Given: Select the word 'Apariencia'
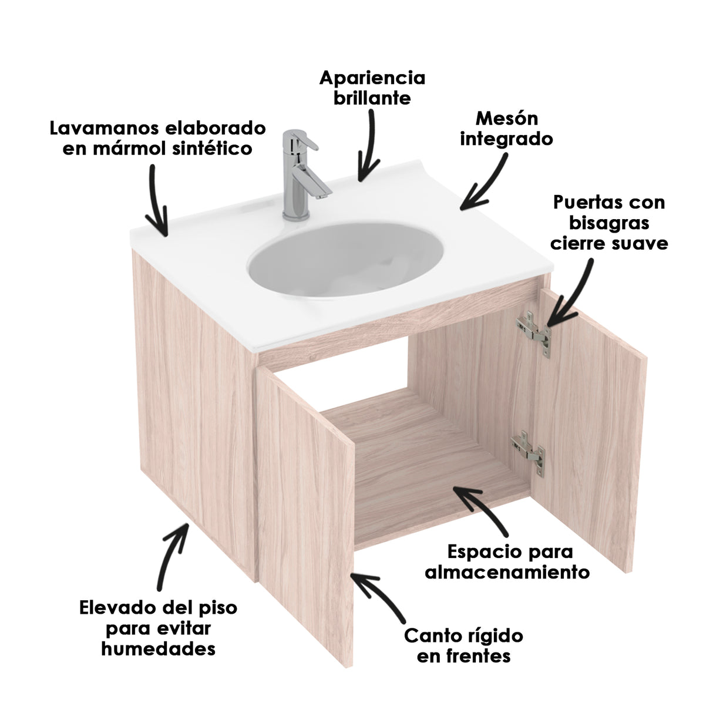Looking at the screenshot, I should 372,78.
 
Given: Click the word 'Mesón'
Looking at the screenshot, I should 506,118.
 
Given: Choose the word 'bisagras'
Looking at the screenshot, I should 609,223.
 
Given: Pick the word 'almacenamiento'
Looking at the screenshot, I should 507,572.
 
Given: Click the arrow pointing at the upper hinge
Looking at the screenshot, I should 569,294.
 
